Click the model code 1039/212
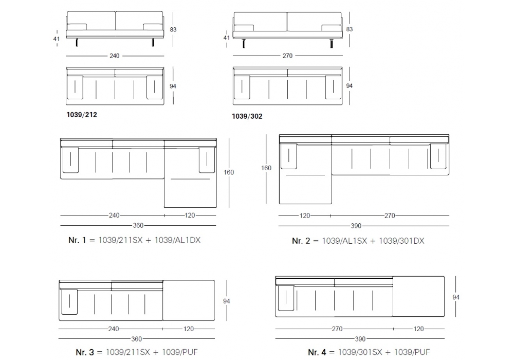coord(82,115)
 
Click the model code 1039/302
coord(247,116)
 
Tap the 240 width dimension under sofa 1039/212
coord(115,56)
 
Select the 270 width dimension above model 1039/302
coord(287,56)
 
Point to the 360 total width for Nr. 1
coord(138,226)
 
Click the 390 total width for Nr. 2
coord(356,226)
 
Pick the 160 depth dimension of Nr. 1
coord(229,172)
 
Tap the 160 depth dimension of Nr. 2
coord(266,168)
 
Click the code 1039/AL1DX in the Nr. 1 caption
coord(177,240)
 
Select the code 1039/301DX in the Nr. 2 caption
coord(401,241)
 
